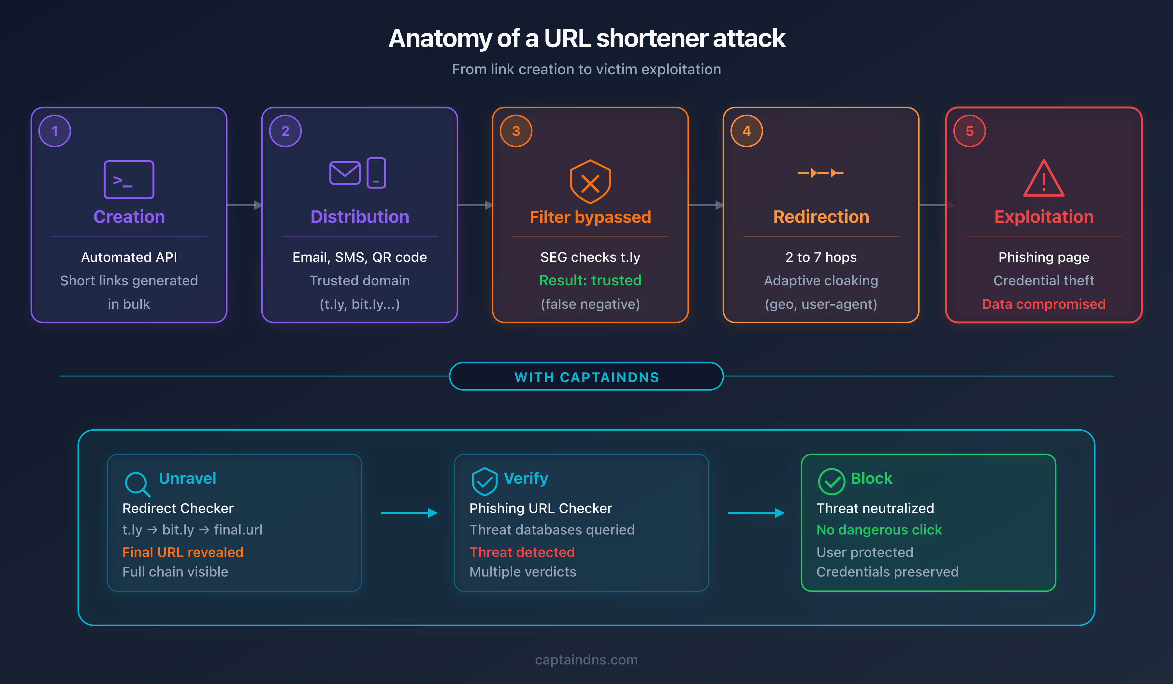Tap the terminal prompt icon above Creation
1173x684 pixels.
click(129, 179)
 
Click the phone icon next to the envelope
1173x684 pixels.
click(376, 173)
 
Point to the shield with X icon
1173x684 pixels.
click(590, 182)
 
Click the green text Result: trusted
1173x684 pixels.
click(590, 280)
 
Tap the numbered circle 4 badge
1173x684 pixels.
click(746, 131)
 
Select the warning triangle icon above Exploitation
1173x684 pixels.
click(1044, 179)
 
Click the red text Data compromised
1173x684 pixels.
click(1044, 304)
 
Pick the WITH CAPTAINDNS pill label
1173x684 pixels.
click(586, 377)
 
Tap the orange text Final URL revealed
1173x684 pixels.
click(182, 552)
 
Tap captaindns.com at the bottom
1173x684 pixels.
click(586, 660)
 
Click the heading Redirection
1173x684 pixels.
click(821, 217)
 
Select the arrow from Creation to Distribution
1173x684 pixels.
click(244, 205)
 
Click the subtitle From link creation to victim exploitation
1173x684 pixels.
click(586, 69)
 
